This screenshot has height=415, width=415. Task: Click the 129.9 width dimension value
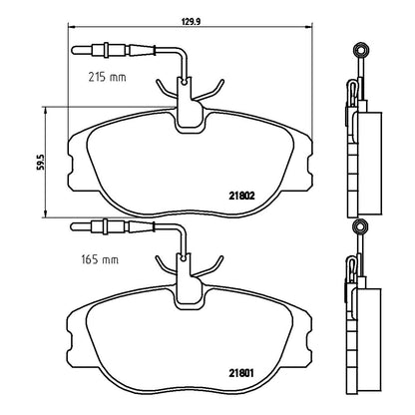click(191, 22)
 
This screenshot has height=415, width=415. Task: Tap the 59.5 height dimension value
click(41, 162)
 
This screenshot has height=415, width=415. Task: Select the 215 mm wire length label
click(107, 77)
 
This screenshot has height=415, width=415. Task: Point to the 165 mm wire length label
click(100, 259)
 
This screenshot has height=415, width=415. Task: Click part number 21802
click(241, 197)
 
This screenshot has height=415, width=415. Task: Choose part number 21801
click(241, 373)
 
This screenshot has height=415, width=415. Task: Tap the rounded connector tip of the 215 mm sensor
click(74, 51)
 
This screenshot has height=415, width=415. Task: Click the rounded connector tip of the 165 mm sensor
click(73, 226)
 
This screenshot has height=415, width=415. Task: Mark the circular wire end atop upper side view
click(361, 51)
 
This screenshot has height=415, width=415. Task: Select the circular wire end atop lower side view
click(360, 226)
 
